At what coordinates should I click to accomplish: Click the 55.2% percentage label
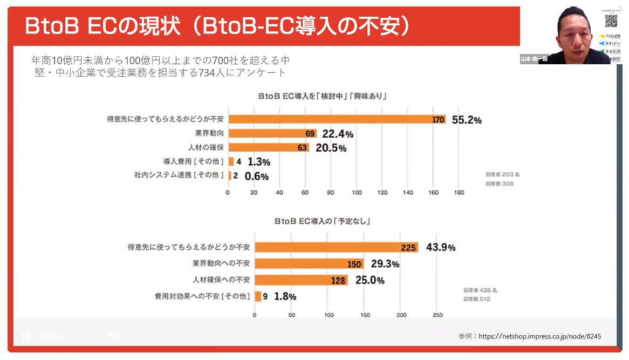pyautogui.click(x=466, y=120)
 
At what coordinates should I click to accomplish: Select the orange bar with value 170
pyautogui.click(x=337, y=119)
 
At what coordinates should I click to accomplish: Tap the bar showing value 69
pyautogui.click(x=272, y=133)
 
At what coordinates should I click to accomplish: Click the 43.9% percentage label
pyautogui.click(x=441, y=247)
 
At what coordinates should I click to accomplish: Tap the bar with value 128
pyautogui.click(x=301, y=280)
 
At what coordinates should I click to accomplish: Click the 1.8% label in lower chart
pyautogui.click(x=285, y=296)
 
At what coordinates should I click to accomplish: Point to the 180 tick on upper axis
pyautogui.click(x=459, y=192)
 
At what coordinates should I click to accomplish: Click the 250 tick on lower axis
pyautogui.click(x=437, y=315)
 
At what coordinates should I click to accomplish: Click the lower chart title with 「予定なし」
pyautogui.click(x=325, y=221)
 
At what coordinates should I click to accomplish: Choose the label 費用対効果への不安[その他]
pyautogui.click(x=202, y=296)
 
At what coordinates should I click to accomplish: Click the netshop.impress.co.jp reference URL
pyautogui.click(x=539, y=336)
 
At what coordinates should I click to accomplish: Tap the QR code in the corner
pyautogui.click(x=610, y=21)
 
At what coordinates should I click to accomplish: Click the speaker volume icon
pyautogui.click(x=113, y=336)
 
